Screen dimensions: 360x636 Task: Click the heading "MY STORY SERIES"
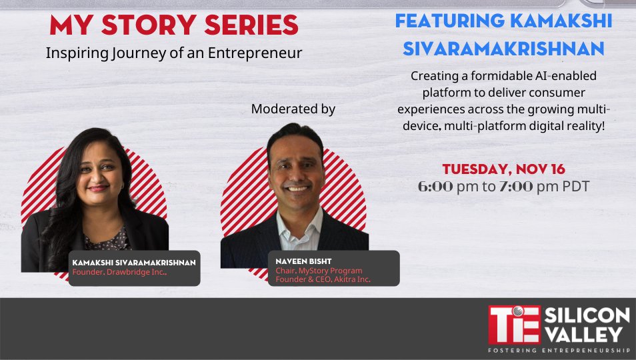click(x=173, y=26)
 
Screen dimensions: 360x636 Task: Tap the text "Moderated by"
click(x=293, y=109)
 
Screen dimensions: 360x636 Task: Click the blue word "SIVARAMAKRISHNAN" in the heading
click(x=503, y=48)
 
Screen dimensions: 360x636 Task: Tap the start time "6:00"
click(x=435, y=187)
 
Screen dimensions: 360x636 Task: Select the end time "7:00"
click(x=516, y=187)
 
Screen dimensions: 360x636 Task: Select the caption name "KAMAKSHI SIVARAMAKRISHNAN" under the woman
click(x=133, y=263)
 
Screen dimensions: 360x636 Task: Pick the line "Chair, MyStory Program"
click(x=319, y=271)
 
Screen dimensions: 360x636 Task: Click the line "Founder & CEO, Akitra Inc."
click(x=323, y=280)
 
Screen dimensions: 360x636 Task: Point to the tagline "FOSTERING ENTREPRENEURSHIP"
click(x=559, y=350)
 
